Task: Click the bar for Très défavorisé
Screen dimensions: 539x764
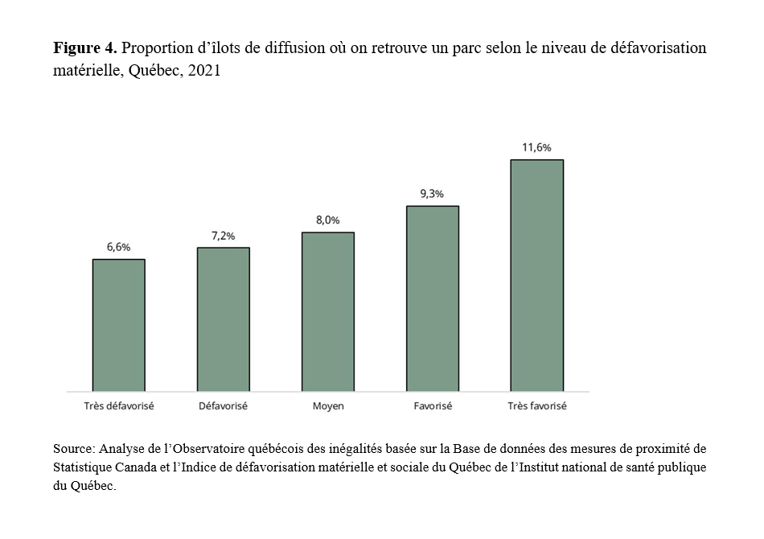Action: pyautogui.click(x=118, y=325)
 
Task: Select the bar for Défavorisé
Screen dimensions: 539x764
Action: pyautogui.click(x=223, y=319)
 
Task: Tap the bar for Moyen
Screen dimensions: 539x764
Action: pyautogui.click(x=327, y=312)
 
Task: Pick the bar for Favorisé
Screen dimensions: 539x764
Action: pyautogui.click(x=432, y=298)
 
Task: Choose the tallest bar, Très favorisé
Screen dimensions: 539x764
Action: pyautogui.click(x=536, y=275)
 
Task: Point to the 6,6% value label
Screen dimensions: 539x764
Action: pyautogui.click(x=118, y=247)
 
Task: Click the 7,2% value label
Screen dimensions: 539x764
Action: pyautogui.click(x=223, y=236)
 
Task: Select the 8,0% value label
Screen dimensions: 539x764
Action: pyautogui.click(x=327, y=220)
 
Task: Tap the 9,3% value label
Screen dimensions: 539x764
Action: pyautogui.click(x=432, y=194)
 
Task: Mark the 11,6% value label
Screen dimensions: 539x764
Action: pyautogui.click(x=536, y=147)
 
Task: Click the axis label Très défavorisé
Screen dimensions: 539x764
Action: pyautogui.click(x=118, y=406)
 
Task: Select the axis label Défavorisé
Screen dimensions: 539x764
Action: pyautogui.click(x=223, y=406)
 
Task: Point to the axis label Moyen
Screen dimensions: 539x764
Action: pyautogui.click(x=327, y=406)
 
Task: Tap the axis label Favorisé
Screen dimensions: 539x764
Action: pyautogui.click(x=432, y=406)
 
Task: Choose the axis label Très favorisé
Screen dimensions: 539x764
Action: pyautogui.click(x=536, y=406)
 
